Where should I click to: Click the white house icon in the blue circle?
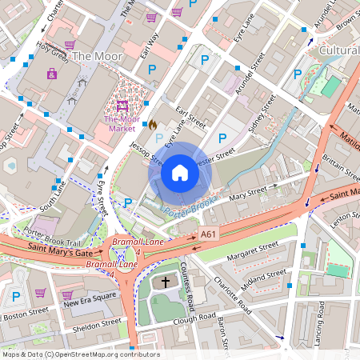point(180,173)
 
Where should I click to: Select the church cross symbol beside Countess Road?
point(166,282)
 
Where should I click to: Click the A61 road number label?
point(209,234)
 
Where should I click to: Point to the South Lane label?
point(50,193)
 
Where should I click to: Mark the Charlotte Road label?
point(234,298)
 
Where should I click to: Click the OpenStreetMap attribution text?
point(80,354)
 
